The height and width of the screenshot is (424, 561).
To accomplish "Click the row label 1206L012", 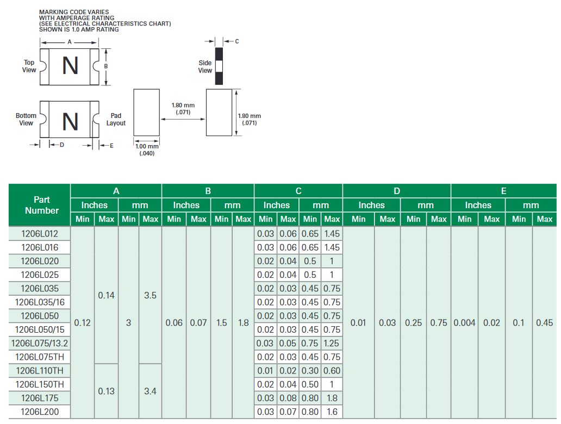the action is click(39, 234).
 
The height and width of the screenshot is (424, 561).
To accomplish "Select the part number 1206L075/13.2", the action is click(39, 343).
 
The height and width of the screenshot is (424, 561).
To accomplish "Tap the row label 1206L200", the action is click(39, 412).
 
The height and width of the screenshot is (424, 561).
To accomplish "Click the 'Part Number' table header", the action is click(42, 205).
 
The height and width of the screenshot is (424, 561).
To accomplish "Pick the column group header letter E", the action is click(503, 191).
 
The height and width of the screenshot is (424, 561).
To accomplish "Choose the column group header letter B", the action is click(208, 191).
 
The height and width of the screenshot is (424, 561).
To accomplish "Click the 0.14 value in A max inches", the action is click(106, 295).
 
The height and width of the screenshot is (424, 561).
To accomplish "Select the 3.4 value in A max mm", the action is click(150, 391).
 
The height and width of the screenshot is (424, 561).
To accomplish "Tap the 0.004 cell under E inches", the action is click(464, 323).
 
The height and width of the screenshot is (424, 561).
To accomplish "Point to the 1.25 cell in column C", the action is click(331, 343).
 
